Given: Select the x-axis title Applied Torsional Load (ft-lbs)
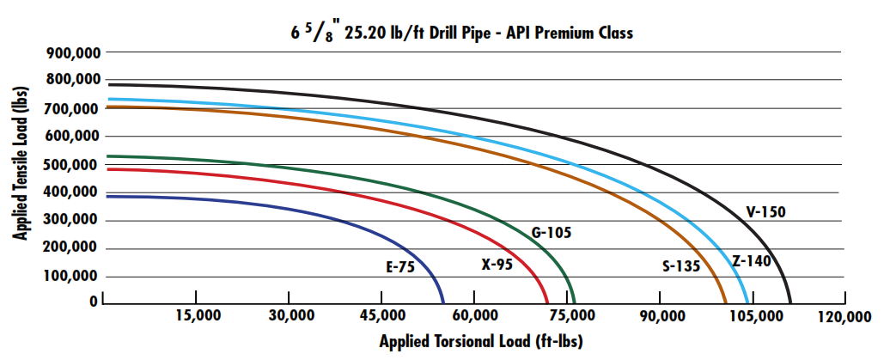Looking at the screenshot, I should [x=481, y=341].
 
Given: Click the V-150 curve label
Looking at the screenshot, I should [x=765, y=211].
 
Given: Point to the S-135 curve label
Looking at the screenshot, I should [x=681, y=265].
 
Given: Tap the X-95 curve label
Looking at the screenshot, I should [x=497, y=265].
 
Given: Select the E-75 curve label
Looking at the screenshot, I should [x=399, y=267].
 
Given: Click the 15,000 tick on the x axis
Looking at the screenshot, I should [x=198, y=316].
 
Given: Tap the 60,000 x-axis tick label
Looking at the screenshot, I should [x=475, y=316].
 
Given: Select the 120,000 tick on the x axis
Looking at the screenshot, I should [x=845, y=316].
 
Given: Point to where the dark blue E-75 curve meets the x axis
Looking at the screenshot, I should [x=443, y=303].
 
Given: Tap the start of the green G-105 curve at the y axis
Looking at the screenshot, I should [x=105, y=156].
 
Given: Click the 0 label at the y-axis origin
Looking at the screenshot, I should [x=93, y=302].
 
